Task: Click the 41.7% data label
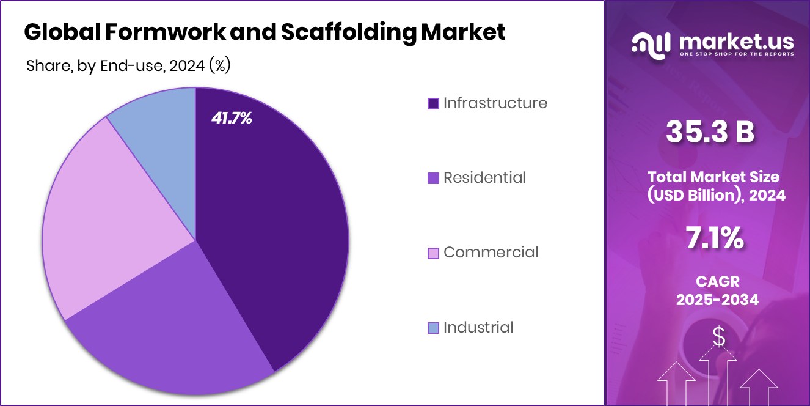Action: click(x=232, y=119)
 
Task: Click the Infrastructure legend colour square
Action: click(x=433, y=103)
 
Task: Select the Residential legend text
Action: click(x=484, y=178)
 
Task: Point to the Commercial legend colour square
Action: click(x=433, y=253)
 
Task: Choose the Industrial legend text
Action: click(x=478, y=328)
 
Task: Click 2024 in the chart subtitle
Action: click(x=186, y=66)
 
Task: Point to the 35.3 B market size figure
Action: click(x=710, y=133)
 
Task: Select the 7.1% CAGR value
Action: click(x=713, y=238)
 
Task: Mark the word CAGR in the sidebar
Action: click(x=713, y=281)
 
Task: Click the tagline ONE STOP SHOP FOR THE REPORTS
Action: click(x=737, y=54)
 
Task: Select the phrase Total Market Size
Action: click(x=713, y=177)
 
